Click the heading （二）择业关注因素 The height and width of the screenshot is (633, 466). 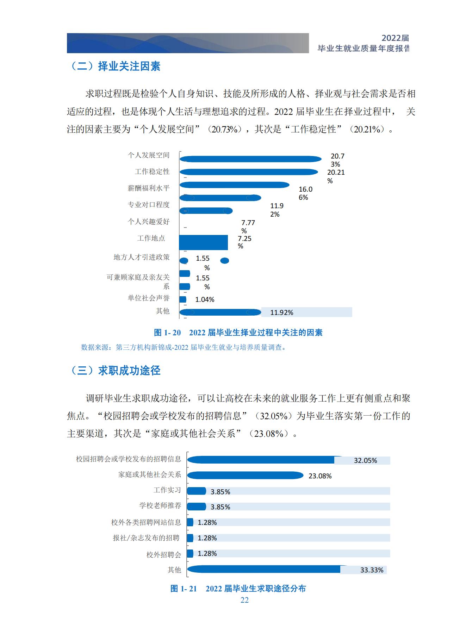[115, 66]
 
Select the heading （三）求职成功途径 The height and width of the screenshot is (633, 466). [115, 370]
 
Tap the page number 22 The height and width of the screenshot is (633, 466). [244, 600]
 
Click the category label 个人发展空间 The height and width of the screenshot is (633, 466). [148, 155]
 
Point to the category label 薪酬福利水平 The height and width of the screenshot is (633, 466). [148, 188]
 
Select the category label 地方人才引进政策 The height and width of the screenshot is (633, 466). [141, 257]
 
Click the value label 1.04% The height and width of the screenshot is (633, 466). [205, 299]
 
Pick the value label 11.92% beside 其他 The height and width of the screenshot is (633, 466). [281, 312]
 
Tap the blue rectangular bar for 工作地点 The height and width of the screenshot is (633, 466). [203, 242]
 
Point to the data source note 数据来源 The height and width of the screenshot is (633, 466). [183, 347]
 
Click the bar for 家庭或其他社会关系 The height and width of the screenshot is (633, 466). [245, 476]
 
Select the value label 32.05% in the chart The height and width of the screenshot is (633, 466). [365, 460]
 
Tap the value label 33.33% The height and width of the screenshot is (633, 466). [372, 570]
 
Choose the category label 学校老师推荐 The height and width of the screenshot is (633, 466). [160, 505]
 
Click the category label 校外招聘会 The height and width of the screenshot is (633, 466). [163, 554]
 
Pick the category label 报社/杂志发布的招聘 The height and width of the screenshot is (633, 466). [146, 538]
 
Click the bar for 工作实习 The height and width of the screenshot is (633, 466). [196, 491]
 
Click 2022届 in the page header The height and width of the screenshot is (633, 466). [395, 38]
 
